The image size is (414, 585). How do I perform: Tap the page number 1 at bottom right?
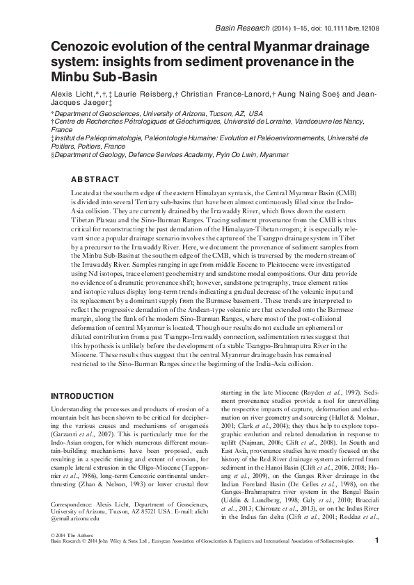(376, 579)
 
